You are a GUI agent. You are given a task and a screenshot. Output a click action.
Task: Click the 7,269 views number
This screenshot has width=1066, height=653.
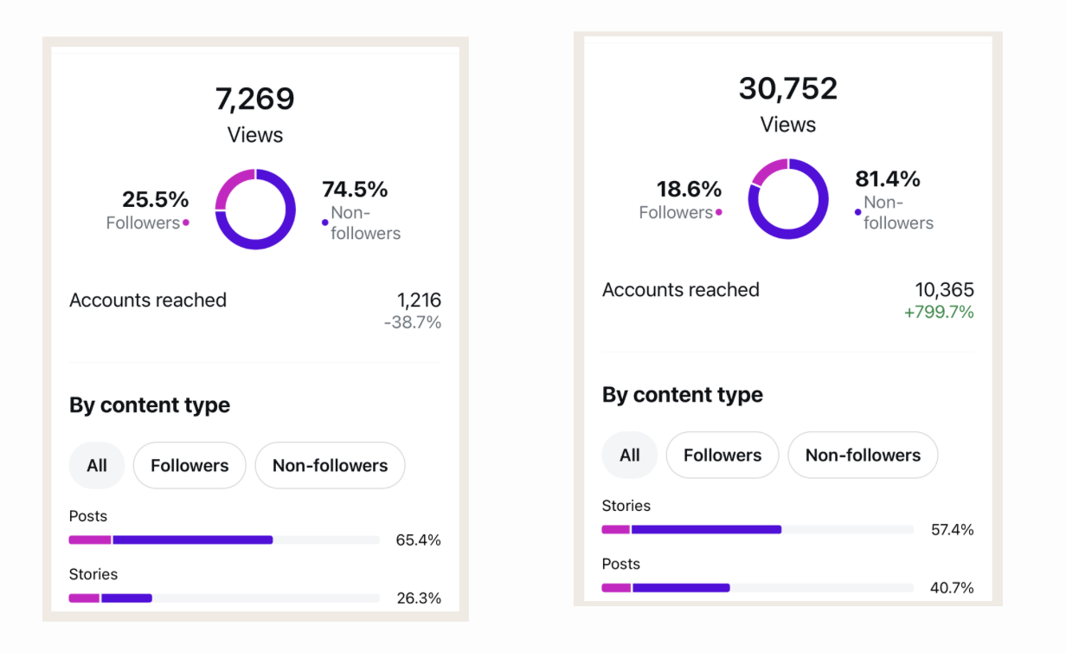tap(254, 99)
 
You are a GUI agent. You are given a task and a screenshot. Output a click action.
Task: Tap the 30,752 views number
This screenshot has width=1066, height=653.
tap(787, 88)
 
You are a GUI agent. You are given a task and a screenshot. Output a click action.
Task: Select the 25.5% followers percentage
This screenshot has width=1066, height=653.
tap(155, 199)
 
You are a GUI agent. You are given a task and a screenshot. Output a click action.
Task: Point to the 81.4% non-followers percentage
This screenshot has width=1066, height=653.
tap(888, 179)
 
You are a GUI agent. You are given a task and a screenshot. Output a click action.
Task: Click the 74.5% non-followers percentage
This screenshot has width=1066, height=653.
tap(355, 189)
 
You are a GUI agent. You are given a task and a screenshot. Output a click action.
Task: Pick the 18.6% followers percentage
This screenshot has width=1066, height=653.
tap(689, 189)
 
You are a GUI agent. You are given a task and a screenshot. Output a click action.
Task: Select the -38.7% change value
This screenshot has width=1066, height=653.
tap(413, 322)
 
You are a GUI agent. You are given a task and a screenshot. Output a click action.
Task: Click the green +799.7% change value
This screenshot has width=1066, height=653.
tap(939, 312)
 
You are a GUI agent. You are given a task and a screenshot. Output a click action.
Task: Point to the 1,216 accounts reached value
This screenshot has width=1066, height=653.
tap(419, 300)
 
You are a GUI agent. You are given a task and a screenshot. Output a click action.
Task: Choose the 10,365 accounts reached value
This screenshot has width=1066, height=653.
tap(945, 289)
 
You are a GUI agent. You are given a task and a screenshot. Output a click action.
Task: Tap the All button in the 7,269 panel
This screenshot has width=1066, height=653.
tap(97, 465)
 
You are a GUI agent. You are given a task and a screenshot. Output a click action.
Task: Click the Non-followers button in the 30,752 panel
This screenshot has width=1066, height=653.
tap(863, 455)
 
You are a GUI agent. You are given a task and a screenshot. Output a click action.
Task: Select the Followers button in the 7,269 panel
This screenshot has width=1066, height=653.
tap(189, 465)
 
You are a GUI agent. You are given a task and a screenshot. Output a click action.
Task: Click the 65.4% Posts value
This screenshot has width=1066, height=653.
tap(418, 540)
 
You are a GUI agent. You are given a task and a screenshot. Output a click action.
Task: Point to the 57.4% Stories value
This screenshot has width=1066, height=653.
tap(953, 530)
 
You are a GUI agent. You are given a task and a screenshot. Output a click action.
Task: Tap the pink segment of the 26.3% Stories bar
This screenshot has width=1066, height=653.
tap(84, 598)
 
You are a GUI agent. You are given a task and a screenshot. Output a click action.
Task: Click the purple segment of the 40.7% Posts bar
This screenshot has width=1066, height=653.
tap(681, 588)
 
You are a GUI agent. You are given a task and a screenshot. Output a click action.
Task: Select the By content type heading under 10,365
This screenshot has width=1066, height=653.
tap(683, 395)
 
